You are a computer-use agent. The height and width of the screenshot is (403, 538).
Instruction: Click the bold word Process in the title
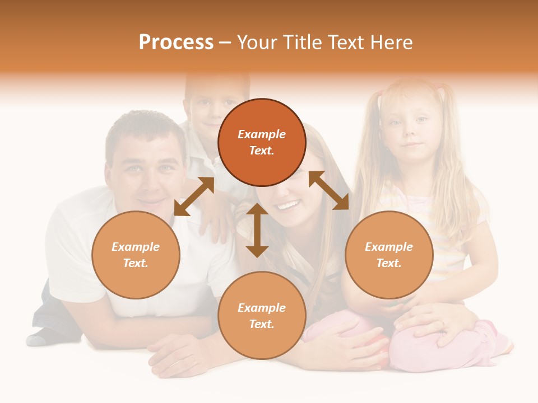point(176,43)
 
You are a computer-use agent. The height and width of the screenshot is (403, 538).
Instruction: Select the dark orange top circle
point(262,142)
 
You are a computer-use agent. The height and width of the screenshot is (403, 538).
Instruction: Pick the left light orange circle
point(136,255)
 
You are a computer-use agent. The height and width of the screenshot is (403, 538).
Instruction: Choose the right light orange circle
point(389,255)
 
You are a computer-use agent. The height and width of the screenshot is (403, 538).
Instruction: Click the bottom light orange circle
point(262,316)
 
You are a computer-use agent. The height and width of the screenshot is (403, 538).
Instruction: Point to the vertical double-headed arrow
point(257,230)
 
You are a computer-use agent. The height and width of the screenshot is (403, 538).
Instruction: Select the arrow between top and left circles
point(194,196)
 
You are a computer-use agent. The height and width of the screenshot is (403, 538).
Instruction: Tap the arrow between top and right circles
point(329,190)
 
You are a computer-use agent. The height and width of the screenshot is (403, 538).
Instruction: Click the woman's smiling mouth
point(287,206)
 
